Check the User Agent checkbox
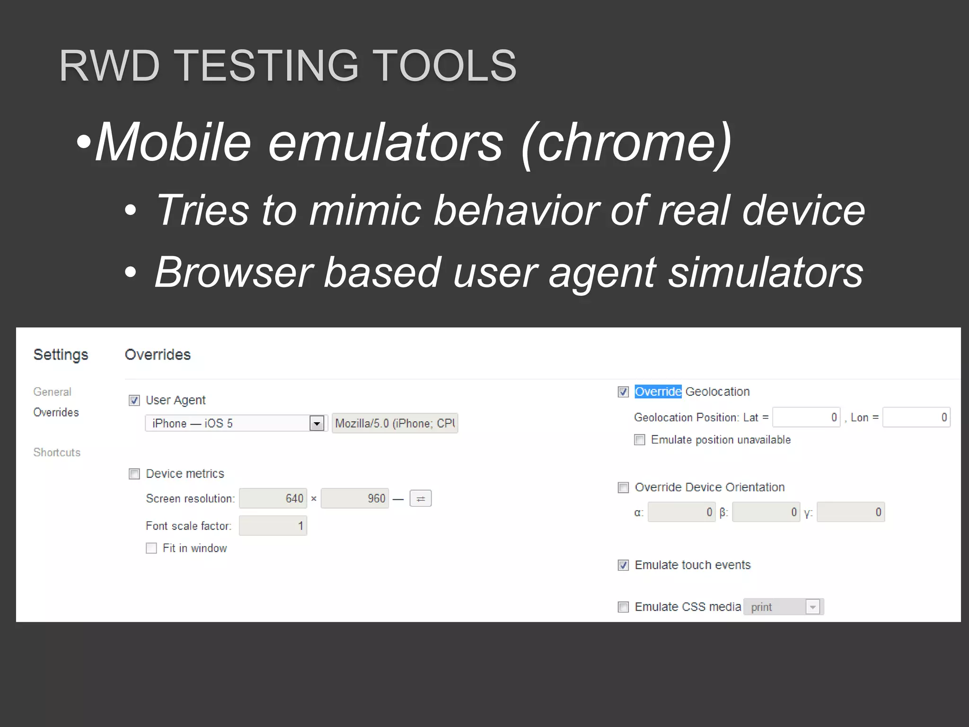click(x=134, y=401)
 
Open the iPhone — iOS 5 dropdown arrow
click(x=317, y=423)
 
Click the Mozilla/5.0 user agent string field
click(x=395, y=423)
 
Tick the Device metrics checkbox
click(x=134, y=474)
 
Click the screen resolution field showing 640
click(x=273, y=498)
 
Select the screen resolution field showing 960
click(x=355, y=498)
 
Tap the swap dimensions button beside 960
click(x=421, y=498)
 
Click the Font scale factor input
click(x=273, y=526)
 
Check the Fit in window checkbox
click(x=151, y=548)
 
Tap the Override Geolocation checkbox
click(x=623, y=392)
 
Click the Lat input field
click(x=806, y=417)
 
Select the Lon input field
click(x=916, y=417)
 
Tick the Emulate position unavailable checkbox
click(x=640, y=440)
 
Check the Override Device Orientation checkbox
click(x=623, y=488)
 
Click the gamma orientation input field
click(x=851, y=512)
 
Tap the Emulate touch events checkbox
click(x=623, y=565)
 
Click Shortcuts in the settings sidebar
click(x=57, y=452)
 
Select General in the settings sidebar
click(x=52, y=392)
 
